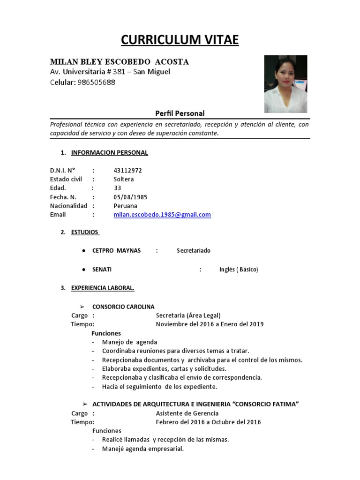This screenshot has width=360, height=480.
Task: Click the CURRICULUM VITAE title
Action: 180,40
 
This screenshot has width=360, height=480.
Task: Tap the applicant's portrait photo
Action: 285,84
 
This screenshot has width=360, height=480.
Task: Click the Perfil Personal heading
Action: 180,113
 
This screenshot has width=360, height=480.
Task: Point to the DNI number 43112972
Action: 127,170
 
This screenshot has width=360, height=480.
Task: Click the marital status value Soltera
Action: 123,179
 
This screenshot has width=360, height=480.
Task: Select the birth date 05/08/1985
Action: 130,197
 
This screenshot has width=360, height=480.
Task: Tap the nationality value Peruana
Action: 125,206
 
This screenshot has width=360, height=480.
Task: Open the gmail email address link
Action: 162,215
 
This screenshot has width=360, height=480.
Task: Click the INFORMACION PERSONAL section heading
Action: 109,152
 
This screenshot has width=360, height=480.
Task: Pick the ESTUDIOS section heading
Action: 85,232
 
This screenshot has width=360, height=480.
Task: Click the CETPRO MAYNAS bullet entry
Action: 116,251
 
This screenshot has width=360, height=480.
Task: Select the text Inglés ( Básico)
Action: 238,270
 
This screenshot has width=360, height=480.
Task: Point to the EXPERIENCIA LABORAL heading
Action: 103,288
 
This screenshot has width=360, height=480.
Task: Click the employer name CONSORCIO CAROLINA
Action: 123,307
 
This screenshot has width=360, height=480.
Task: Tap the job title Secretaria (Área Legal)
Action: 188,315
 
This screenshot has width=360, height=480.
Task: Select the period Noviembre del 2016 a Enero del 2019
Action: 210,324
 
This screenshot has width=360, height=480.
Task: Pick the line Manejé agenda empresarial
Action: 142,449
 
